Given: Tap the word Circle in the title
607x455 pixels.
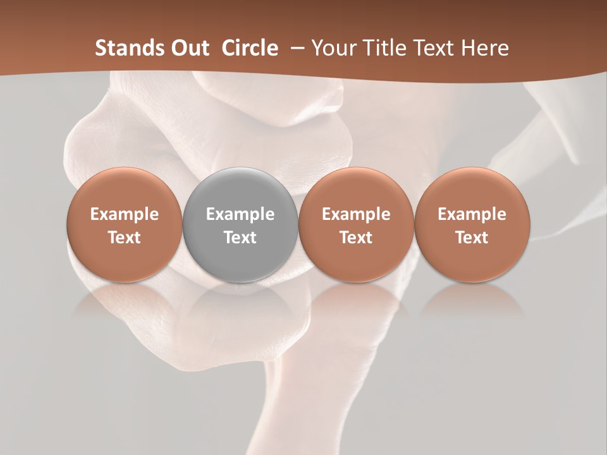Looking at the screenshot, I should [250, 48].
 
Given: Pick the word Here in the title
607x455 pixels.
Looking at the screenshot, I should [483, 48].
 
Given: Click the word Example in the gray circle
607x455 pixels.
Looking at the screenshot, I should [240, 214].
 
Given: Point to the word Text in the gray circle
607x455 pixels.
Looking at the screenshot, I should [240, 238].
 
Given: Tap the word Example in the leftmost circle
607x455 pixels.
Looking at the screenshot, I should [125, 214].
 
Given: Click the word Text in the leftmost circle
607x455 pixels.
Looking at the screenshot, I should [125, 238].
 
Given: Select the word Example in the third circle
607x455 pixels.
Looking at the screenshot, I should [356, 214].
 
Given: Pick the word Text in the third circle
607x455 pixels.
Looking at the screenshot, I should [356, 238].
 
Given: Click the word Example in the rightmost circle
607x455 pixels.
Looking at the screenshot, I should [472, 214].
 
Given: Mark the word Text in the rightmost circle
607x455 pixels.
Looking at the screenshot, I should [472, 238].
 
